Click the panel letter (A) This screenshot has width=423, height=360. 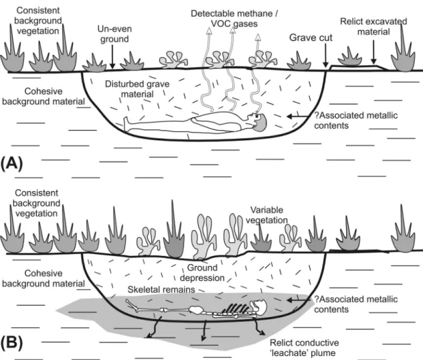click(x=12, y=163)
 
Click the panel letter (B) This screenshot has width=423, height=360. click(x=12, y=342)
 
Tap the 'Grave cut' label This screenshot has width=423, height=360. click(x=311, y=37)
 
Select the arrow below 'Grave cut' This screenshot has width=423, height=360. click(x=326, y=56)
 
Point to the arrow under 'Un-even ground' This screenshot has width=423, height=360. click(x=113, y=56)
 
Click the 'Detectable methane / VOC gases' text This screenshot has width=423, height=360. click(x=234, y=18)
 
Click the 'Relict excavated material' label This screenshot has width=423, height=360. click(x=374, y=27)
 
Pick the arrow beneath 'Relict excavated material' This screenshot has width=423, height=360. click(x=374, y=52)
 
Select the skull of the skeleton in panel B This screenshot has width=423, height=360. click(x=258, y=306)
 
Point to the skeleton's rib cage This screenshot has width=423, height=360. click(x=235, y=308)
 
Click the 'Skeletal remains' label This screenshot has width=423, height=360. click(x=161, y=289)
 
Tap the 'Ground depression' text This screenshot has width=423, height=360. click(x=202, y=273)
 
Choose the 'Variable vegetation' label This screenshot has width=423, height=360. click(x=266, y=215)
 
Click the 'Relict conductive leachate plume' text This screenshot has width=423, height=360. click(x=304, y=348)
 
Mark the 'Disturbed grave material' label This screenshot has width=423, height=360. click(x=137, y=89)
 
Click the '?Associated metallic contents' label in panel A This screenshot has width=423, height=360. click(x=356, y=120)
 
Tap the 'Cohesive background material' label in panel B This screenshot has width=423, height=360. click(x=44, y=278)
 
